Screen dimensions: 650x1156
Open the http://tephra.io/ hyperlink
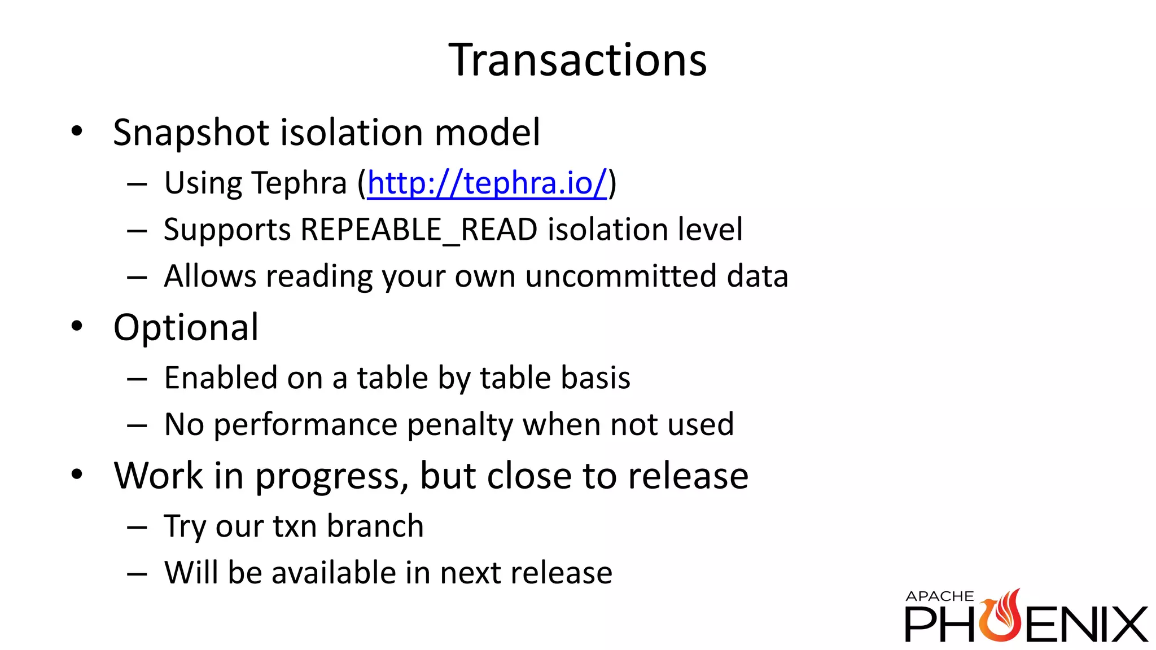coord(487,183)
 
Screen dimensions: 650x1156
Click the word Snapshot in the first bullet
coord(191,133)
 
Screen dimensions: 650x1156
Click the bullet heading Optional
coord(186,327)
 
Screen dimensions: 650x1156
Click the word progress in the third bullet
coord(332,476)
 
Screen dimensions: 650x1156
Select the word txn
coord(294,526)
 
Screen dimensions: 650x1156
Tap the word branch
coord(375,526)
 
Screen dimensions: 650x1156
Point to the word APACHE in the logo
coord(939,596)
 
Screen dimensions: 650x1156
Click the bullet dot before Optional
coord(77,326)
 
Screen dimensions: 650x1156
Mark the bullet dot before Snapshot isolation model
coord(77,131)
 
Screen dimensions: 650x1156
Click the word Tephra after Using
coord(299,183)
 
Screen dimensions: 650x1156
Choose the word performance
coord(305,425)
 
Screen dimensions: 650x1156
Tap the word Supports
coord(227,230)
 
